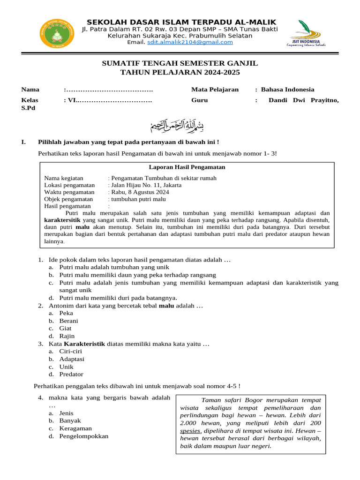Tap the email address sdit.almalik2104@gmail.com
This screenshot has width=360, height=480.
pyautogui.click(x=190, y=42)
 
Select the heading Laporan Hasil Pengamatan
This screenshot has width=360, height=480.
pyautogui.click(x=187, y=167)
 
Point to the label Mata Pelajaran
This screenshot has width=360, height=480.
pyautogui.click(x=215, y=90)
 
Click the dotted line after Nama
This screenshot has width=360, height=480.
pyautogui.click(x=109, y=90)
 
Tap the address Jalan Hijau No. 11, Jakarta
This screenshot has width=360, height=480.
pyautogui.click(x=146, y=185)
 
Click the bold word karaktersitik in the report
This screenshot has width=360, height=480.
pyautogui.click(x=62, y=219)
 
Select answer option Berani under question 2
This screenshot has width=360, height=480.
pyautogui.click(x=68, y=321)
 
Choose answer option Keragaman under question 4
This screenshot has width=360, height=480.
pyautogui.click(x=75, y=428)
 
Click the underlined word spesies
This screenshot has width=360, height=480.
pyautogui.click(x=191, y=430)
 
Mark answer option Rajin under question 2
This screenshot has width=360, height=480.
pyautogui.click(x=67, y=336)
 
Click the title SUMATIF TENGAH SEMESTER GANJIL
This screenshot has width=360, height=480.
pyautogui.click(x=180, y=63)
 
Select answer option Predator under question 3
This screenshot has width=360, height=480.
pyautogui.click(x=71, y=375)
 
